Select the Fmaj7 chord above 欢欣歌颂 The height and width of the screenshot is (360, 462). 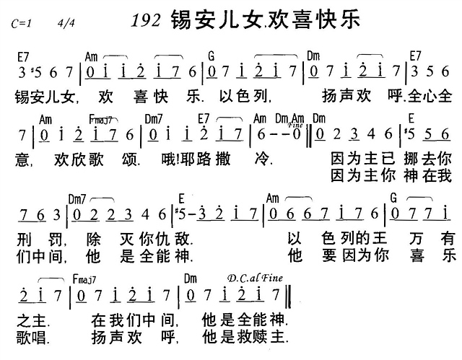pyautogui.click(x=99, y=118)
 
